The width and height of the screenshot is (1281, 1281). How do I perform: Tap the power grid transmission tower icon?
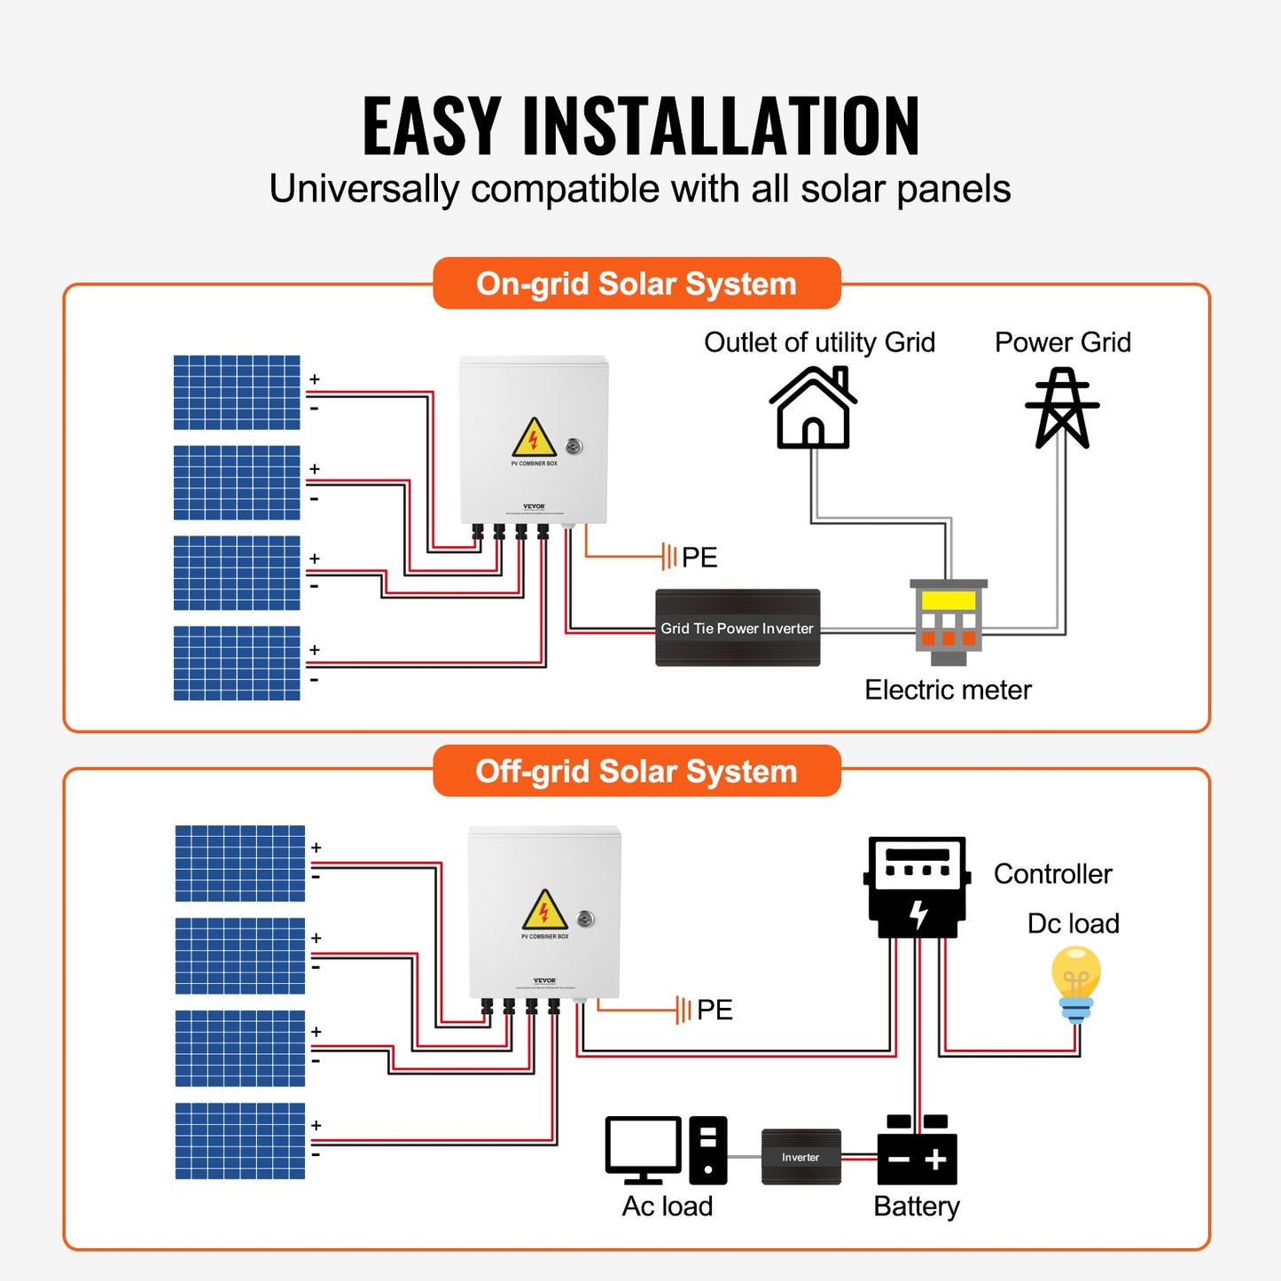[x=1062, y=409]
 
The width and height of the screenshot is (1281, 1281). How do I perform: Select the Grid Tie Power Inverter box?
[x=738, y=628]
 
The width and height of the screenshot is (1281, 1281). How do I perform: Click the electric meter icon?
[x=949, y=621]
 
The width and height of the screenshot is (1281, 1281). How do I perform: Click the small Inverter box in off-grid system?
[x=801, y=1157]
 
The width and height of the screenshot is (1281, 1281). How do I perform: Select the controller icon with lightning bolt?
[x=917, y=887]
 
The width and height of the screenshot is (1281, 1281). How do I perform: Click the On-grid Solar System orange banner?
[x=637, y=284]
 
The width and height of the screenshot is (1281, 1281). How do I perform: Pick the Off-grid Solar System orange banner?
[x=637, y=771]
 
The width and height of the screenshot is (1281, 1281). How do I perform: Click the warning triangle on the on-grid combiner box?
[x=533, y=438]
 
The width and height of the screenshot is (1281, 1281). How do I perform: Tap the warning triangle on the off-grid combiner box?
[x=544, y=910]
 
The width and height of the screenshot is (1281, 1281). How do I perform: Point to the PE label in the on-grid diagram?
[x=699, y=558]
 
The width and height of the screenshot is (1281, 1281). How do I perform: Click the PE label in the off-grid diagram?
[x=715, y=1010]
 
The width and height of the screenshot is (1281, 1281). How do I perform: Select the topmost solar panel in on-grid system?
[x=237, y=393]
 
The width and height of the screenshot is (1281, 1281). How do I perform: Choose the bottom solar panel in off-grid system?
[x=240, y=1141]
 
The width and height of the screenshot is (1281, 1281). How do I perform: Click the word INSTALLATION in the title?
[x=721, y=126]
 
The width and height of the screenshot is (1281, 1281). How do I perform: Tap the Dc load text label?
[x=1073, y=924]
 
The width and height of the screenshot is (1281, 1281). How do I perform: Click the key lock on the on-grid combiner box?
[x=574, y=447]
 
